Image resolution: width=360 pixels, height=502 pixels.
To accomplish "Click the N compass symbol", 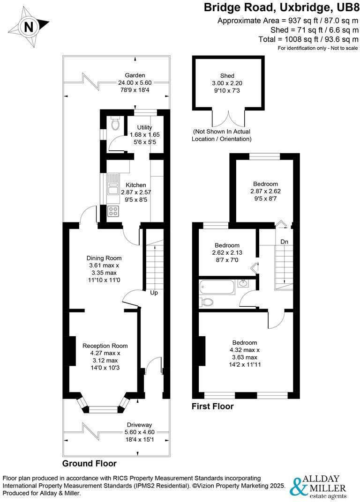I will (29, 27).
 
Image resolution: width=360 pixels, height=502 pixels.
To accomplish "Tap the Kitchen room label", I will (135, 185).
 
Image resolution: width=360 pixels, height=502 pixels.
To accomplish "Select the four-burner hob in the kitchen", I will (113, 211).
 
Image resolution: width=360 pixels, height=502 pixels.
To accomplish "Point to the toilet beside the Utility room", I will (115, 124).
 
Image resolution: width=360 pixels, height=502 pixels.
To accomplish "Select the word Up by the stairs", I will (154, 293).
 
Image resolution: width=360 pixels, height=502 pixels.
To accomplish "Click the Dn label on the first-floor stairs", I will (284, 242).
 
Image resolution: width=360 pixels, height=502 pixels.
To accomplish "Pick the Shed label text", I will (227, 76).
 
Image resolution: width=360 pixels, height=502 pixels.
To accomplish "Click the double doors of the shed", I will (227, 119).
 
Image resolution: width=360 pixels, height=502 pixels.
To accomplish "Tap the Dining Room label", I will (104, 258).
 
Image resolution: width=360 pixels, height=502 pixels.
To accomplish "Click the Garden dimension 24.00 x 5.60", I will (135, 82).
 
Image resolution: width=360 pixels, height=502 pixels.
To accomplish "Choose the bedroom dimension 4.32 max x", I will (244, 350).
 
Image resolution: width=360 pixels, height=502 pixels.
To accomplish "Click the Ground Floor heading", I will (89, 464).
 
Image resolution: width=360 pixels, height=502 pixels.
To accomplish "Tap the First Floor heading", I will (212, 406).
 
